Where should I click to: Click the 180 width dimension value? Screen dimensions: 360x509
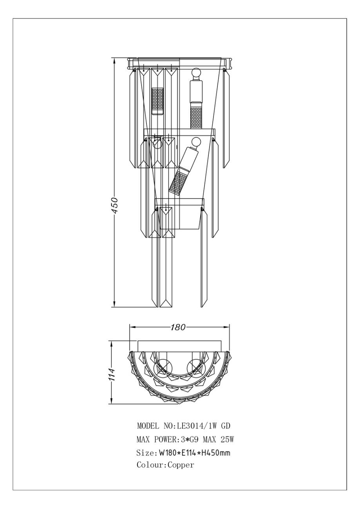coord(178,327)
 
